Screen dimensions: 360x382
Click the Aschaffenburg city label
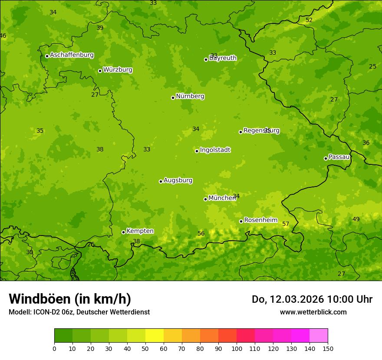tap(72, 55)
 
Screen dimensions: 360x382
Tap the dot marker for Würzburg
tap(100, 71)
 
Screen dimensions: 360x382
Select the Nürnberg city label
tap(190, 96)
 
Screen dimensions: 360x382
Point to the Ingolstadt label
tap(215, 150)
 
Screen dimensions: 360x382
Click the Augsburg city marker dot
tap(161, 181)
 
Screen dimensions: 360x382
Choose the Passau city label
tap(339, 157)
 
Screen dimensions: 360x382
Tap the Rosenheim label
tap(260, 220)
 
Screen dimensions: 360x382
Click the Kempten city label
tap(140, 231)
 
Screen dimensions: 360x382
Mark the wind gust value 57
tap(286, 224)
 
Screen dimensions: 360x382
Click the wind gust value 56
tap(201, 234)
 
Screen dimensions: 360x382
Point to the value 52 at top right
tap(309, 20)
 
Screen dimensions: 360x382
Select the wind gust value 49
tap(356, 219)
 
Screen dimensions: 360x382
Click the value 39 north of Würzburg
tap(100, 28)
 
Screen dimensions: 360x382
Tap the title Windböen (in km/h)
tap(70, 299)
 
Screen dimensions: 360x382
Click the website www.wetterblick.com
tap(313, 312)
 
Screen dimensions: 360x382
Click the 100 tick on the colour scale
tap(237, 348)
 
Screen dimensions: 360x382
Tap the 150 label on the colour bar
tap(328, 348)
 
